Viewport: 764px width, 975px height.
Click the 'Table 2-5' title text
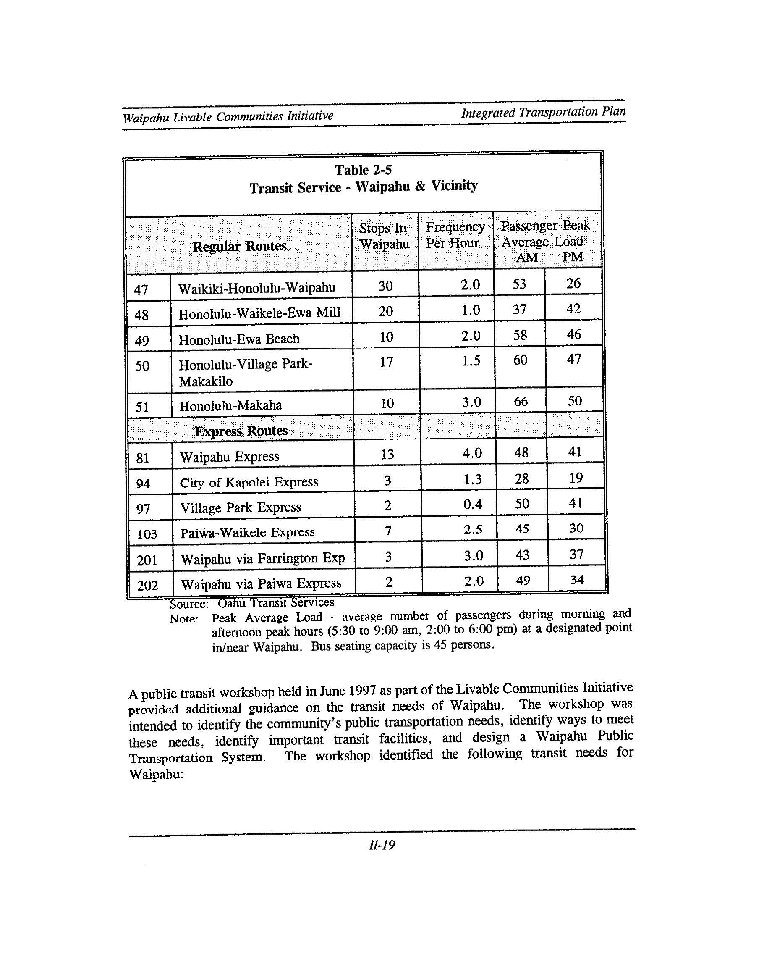[x=363, y=170]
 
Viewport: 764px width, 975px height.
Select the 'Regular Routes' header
[x=239, y=246]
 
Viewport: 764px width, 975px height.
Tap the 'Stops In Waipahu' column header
[x=385, y=236]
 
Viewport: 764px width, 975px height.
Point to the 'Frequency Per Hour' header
[x=455, y=235]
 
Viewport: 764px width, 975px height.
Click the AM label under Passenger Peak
[x=526, y=258]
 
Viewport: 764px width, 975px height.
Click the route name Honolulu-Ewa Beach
[x=239, y=339]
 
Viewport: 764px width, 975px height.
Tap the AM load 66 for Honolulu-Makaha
[x=521, y=401]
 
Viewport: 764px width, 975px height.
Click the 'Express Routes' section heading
[x=241, y=431]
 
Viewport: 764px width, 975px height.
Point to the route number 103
[x=147, y=534]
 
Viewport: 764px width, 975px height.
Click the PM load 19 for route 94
[x=576, y=478]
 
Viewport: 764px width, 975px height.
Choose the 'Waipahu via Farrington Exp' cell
[x=262, y=559]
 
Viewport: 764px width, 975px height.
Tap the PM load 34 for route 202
[x=577, y=580]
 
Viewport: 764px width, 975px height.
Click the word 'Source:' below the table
[x=189, y=604]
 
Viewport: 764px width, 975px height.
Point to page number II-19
[x=382, y=845]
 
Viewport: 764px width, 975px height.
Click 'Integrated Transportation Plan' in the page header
[x=543, y=112]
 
